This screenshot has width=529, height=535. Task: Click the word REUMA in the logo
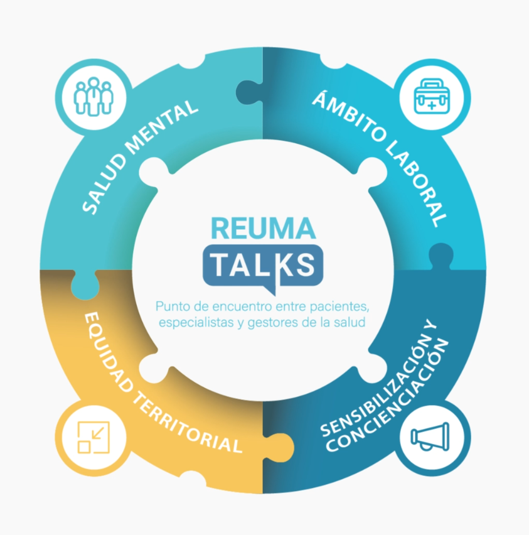tap(264, 227)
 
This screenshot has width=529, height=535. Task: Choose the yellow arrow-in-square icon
tap(93, 437)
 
